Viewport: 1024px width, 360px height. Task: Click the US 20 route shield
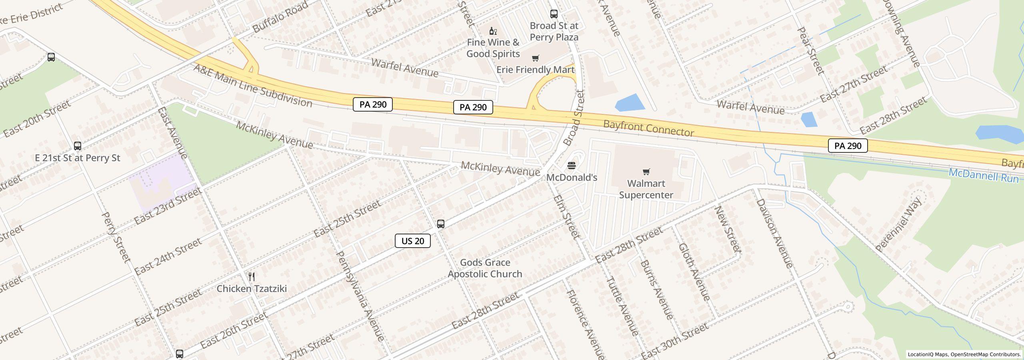[412, 241]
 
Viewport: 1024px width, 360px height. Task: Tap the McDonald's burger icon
[572, 166]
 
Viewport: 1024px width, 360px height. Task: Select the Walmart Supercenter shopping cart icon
[646, 172]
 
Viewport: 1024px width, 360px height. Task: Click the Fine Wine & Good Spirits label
[493, 48]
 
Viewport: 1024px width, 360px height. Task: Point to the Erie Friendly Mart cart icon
[535, 58]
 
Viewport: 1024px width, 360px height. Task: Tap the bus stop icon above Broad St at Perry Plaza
[554, 14]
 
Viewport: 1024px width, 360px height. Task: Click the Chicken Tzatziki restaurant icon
[252, 277]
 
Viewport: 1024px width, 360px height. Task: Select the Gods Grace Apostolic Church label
[485, 268]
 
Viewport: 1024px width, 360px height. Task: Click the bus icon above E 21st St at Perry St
[78, 146]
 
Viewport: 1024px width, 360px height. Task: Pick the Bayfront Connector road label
[648, 128]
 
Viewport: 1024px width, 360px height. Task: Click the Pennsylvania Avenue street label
[361, 296]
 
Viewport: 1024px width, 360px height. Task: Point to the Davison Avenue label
[774, 233]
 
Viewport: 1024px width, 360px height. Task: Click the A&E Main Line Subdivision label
[252, 85]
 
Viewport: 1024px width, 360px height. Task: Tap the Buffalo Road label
[280, 17]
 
